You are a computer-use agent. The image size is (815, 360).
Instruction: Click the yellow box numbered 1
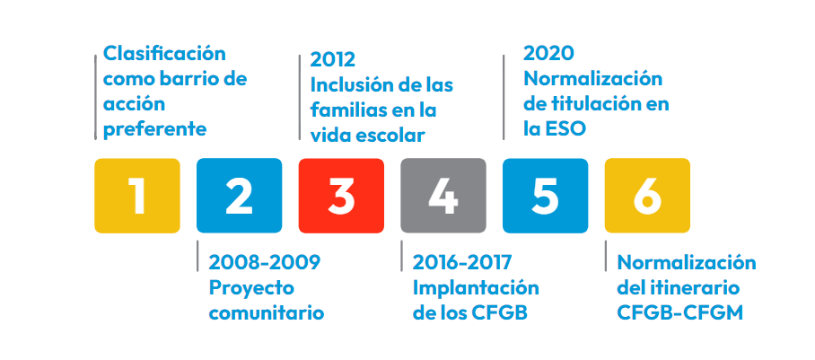click(x=137, y=196)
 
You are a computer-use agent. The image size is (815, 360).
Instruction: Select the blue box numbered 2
click(x=239, y=196)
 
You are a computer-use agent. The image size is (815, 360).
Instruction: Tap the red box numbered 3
click(x=341, y=196)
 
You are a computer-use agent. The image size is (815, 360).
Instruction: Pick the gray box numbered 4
click(x=443, y=196)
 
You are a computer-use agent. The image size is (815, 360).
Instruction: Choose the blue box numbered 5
click(x=545, y=196)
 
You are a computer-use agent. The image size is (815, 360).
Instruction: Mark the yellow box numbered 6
click(x=648, y=196)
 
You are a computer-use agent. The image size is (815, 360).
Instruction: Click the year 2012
click(x=333, y=60)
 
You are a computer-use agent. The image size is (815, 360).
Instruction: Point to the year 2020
click(x=549, y=53)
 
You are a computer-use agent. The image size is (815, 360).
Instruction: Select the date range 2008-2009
click(x=265, y=263)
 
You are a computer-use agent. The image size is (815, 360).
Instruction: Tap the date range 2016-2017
click(x=462, y=263)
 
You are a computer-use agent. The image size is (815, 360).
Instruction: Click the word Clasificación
click(x=165, y=54)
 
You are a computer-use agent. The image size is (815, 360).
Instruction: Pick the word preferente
click(x=155, y=129)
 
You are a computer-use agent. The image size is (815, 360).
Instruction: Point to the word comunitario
click(x=267, y=313)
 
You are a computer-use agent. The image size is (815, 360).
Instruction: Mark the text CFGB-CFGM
click(x=679, y=313)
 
